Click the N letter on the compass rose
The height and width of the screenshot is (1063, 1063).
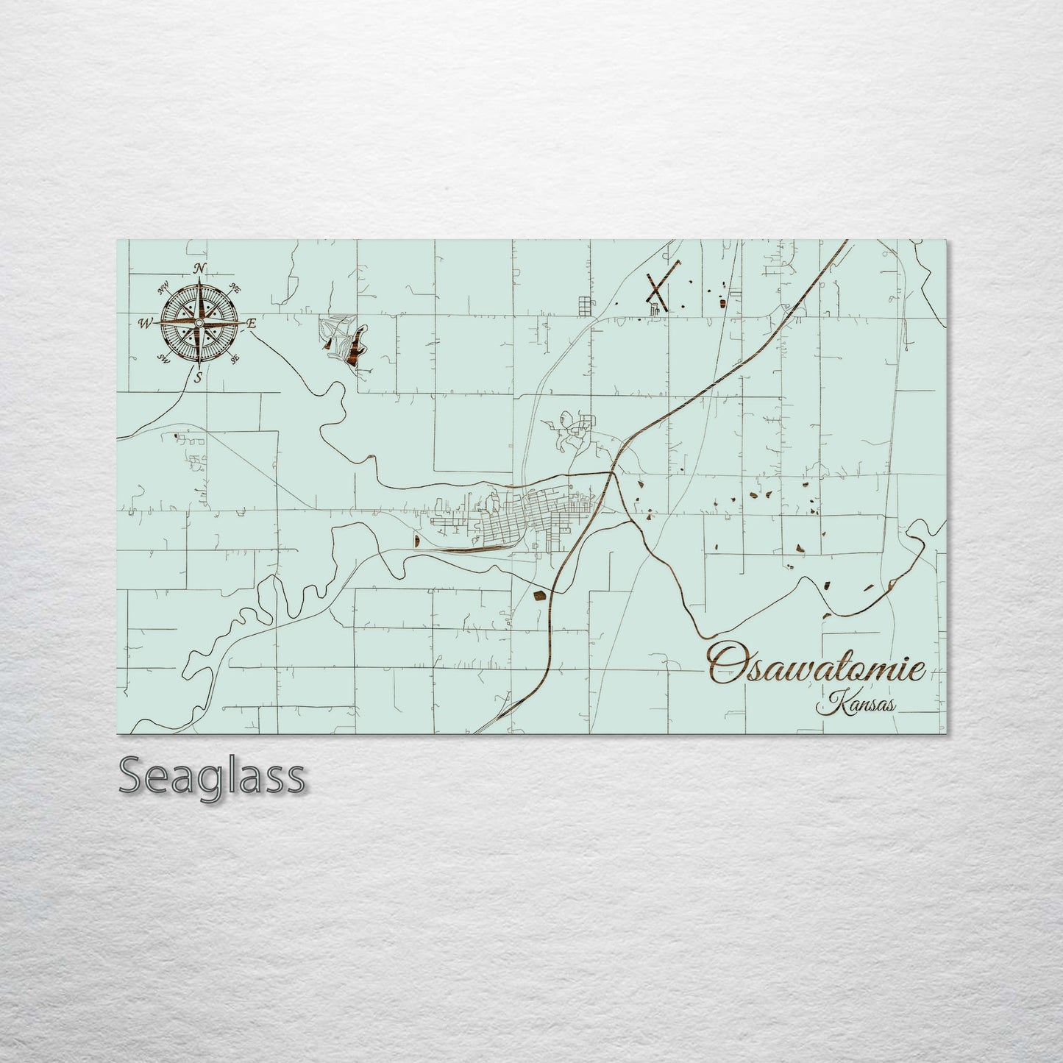pos(199,269)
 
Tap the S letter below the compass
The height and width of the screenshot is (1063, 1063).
pos(197,378)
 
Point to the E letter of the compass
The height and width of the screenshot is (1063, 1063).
pos(252,323)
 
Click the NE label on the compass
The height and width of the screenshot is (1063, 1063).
pos(236,288)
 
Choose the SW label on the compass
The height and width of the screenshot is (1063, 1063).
pos(163,358)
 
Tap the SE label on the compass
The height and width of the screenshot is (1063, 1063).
pos(235,358)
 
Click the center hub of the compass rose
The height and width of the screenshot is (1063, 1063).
pos(199,322)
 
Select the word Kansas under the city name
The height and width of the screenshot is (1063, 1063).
pos(857,704)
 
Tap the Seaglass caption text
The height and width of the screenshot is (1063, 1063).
pos(212,775)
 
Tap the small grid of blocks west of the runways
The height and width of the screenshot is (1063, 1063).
pos(585,304)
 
